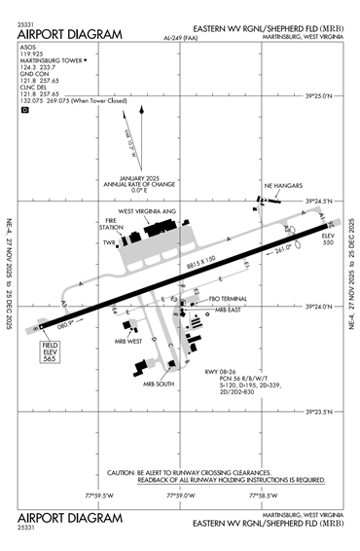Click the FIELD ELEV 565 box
(x=51, y=353)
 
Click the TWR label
(x=109, y=242)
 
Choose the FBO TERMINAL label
(x=231, y=298)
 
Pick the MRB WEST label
(x=127, y=341)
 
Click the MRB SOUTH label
(x=160, y=384)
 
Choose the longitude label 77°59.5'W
(x=100, y=496)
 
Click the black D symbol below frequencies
(x=25, y=110)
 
